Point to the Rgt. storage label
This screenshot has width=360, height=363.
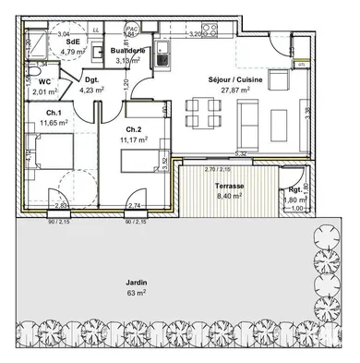(294, 189)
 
